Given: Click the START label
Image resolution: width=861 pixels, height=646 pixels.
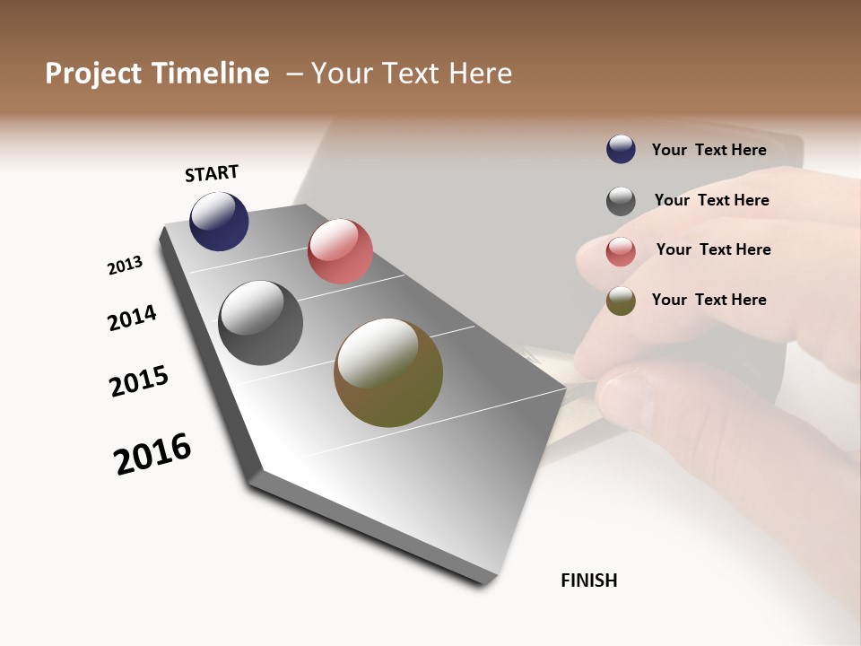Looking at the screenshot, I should pyautogui.click(x=212, y=173).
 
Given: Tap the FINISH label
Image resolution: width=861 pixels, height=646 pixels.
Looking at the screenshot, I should pyautogui.click(x=588, y=581).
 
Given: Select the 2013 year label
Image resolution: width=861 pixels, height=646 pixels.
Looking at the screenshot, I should pyautogui.click(x=125, y=266).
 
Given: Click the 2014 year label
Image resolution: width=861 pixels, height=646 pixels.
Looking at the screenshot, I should pyautogui.click(x=132, y=318).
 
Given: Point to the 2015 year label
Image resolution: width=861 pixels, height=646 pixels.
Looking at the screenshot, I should pyautogui.click(x=139, y=381).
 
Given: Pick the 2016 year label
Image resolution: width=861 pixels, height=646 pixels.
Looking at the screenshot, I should pyautogui.click(x=152, y=453).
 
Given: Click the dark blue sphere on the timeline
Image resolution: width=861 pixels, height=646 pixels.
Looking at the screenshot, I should pyautogui.click(x=219, y=222).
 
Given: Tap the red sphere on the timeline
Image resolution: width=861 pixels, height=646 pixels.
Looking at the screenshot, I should pyautogui.click(x=340, y=250).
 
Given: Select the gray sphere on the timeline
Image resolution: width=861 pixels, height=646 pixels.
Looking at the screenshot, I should pyautogui.click(x=260, y=323).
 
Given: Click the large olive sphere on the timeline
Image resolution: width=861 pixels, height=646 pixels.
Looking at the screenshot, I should pyautogui.click(x=388, y=372).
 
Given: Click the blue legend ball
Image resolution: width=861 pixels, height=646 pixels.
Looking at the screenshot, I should pyautogui.click(x=621, y=149).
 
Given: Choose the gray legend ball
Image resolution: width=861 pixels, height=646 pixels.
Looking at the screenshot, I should pyautogui.click(x=621, y=201).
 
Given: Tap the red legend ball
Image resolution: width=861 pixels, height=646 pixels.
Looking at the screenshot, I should pyautogui.click(x=621, y=251).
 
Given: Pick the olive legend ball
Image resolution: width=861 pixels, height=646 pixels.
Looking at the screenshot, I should pyautogui.click(x=621, y=301).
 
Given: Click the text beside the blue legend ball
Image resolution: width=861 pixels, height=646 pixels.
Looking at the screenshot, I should pyautogui.click(x=709, y=150).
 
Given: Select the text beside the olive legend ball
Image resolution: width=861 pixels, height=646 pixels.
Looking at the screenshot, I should pyautogui.click(x=709, y=300).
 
